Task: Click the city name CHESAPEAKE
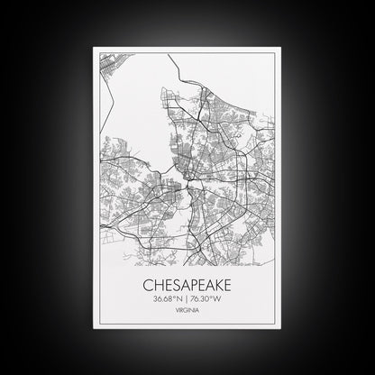pyautogui.click(x=187, y=285)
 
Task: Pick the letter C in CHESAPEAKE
pyautogui.click(x=147, y=285)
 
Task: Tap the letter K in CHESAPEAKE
pyautogui.click(x=218, y=285)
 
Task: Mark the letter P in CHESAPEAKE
pyautogui.click(x=191, y=285)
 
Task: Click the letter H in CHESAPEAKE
pyautogui.click(x=156, y=285)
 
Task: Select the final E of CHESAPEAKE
pyautogui.click(x=228, y=285)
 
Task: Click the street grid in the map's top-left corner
pyautogui.click(x=107, y=67)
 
